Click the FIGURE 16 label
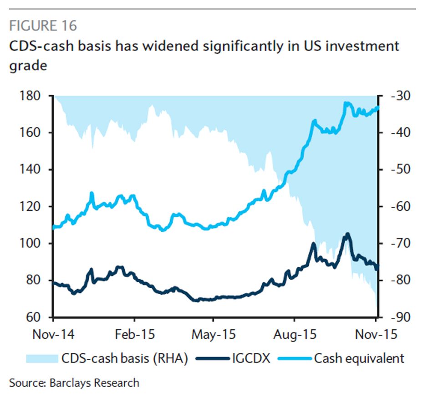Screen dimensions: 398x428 [43, 25]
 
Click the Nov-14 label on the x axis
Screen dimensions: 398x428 [54, 335]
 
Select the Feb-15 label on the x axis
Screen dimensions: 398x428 [134, 335]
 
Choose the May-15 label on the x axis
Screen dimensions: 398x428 [214, 335]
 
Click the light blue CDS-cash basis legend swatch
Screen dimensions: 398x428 [43, 358]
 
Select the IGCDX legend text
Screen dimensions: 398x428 [250, 358]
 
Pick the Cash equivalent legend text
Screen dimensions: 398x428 [359, 358]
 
